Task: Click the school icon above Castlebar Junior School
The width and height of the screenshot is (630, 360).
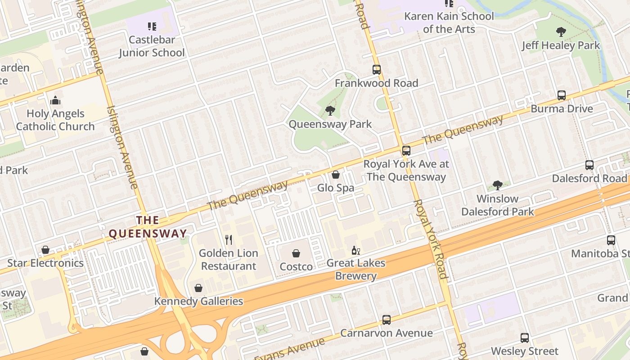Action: (152, 27)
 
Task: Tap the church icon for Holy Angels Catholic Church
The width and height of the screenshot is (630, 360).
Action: (55, 100)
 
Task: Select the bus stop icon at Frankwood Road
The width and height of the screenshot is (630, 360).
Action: (377, 70)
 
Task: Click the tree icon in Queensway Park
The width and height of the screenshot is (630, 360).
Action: (330, 110)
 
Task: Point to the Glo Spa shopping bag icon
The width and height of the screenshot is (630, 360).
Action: (335, 175)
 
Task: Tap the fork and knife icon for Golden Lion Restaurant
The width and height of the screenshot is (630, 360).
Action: (229, 239)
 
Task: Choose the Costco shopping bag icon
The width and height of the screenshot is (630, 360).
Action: (296, 253)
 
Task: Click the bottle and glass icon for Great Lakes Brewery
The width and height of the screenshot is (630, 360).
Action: (355, 250)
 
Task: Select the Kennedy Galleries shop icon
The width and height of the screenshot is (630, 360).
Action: (198, 288)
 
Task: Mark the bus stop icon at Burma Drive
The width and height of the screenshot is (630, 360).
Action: (562, 95)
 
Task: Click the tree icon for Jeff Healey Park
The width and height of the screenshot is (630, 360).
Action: (561, 32)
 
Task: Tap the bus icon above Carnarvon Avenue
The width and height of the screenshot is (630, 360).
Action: (386, 320)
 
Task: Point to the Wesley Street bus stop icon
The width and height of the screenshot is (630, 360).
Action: (525, 338)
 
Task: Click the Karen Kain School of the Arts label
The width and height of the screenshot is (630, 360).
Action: (449, 22)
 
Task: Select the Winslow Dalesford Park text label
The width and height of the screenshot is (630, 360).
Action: (497, 205)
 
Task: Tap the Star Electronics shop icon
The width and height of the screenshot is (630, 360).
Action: (45, 250)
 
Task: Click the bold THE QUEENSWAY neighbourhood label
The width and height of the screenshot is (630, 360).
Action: (148, 227)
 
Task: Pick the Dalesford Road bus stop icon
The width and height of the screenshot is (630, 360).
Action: (589, 165)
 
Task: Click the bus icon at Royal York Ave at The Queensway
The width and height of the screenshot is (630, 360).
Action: (406, 151)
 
